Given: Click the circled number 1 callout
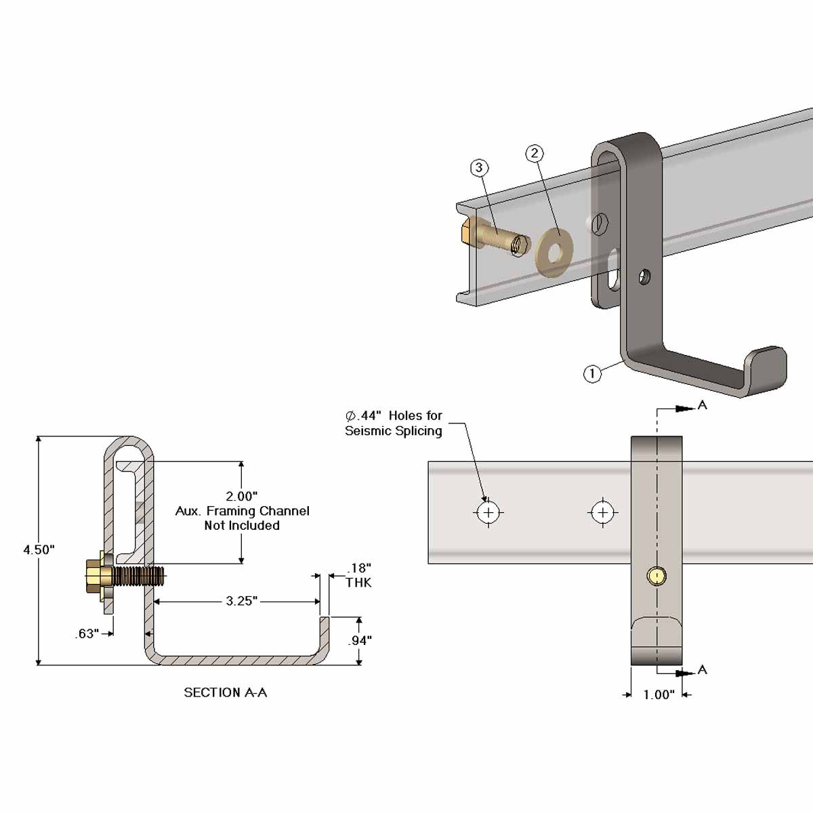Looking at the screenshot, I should click(x=592, y=373).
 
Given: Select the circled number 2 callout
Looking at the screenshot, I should click(x=535, y=153).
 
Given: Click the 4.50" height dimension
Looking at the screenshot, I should click(x=39, y=549).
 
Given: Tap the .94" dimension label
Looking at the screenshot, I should click(x=360, y=640).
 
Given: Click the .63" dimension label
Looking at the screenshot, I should click(x=87, y=634).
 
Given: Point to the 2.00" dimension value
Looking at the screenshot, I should click(x=241, y=497).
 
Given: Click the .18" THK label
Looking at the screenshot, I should click(x=358, y=575).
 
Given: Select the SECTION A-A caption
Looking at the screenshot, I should click(x=225, y=692).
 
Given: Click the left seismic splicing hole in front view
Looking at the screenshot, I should click(x=488, y=512).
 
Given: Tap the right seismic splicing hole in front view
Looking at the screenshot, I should click(x=602, y=512).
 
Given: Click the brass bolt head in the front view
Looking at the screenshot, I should click(x=656, y=576).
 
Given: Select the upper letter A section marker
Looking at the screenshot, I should click(x=702, y=405).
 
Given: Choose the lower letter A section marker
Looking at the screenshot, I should click(x=702, y=669).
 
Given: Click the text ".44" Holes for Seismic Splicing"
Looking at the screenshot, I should click(x=394, y=423).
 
